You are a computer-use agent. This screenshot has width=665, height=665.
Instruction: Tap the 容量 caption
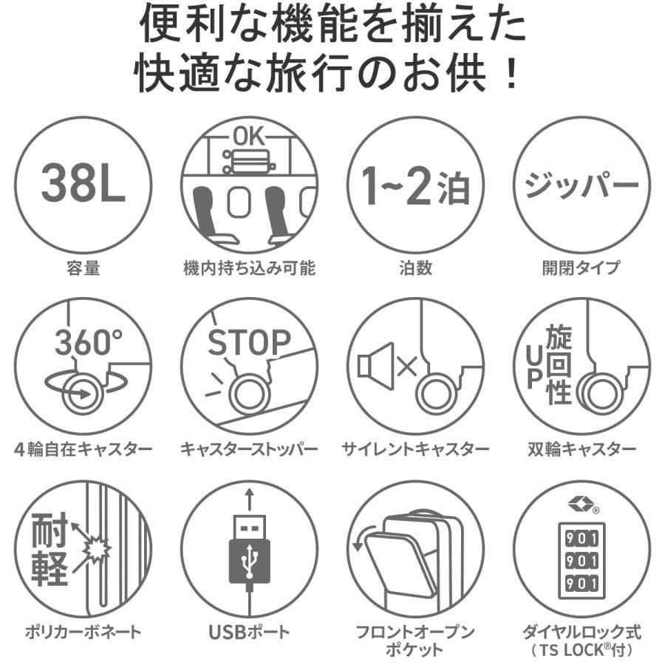point(83,268)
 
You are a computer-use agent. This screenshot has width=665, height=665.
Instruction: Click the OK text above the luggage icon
point(248,137)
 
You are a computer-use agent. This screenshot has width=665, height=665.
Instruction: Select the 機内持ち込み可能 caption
point(249,268)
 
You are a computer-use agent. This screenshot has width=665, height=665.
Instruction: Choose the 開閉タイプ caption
point(582,268)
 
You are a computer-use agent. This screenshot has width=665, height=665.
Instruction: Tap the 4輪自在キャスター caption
point(83,449)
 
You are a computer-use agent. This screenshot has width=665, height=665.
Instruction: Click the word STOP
point(248,343)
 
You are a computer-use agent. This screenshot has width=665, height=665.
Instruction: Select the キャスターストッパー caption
point(249,449)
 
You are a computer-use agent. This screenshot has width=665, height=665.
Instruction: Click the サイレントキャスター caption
point(415,449)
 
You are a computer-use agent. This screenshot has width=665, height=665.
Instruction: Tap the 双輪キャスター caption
point(582,449)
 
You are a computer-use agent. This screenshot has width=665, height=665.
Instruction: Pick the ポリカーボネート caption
point(83,632)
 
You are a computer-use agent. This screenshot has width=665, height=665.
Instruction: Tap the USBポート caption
point(249,632)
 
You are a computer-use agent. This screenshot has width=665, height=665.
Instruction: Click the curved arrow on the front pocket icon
point(361,539)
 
